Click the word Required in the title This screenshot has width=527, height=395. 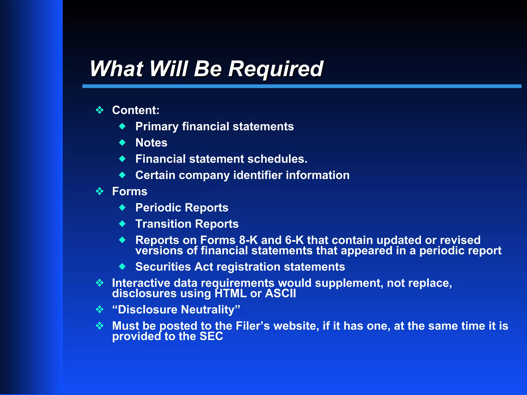click(x=276, y=69)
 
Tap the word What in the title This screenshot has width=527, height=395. click(x=116, y=69)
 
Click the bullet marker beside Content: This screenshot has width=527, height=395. click(x=100, y=110)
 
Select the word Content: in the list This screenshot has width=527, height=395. click(x=136, y=110)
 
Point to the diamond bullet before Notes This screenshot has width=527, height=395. click(x=122, y=142)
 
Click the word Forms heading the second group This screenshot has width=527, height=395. click(x=130, y=192)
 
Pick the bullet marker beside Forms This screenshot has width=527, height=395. click(x=100, y=191)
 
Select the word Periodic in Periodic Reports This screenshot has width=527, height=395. click(x=159, y=208)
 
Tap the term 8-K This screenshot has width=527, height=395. click(x=248, y=240)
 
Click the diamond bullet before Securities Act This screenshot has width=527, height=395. click(x=122, y=267)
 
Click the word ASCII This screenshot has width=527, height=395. click(x=280, y=293)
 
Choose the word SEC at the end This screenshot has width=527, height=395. click(x=211, y=336)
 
